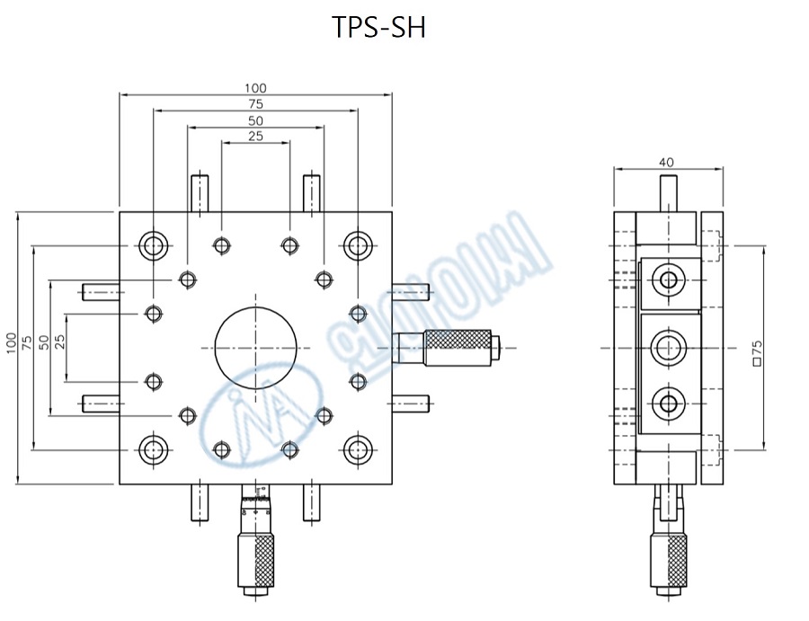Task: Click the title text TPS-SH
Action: [378, 29]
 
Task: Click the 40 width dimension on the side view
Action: [666, 163]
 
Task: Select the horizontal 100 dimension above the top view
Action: [255, 88]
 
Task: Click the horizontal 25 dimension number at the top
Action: [255, 137]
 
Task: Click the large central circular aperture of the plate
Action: [255, 347]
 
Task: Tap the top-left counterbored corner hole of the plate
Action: [153, 244]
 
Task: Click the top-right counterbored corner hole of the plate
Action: [358, 244]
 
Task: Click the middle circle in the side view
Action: [668, 347]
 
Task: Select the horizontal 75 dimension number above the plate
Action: [255, 104]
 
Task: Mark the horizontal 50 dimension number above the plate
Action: [255, 120]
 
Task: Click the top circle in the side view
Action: [668, 280]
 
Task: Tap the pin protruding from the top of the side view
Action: [668, 191]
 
